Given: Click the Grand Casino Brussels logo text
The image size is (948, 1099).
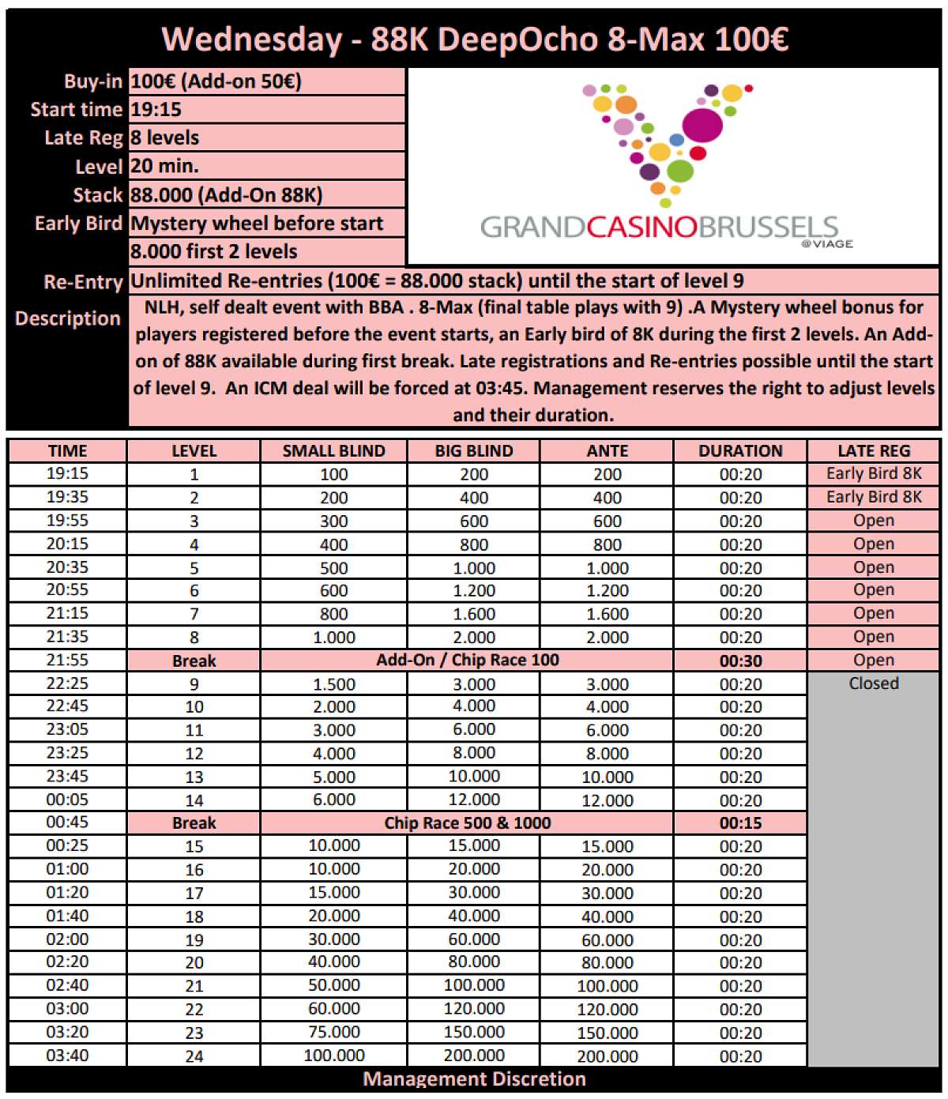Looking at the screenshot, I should (x=659, y=228).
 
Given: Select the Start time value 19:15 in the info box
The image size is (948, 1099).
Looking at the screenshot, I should (x=156, y=110).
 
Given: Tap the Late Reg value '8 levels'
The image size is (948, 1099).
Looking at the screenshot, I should (x=165, y=138).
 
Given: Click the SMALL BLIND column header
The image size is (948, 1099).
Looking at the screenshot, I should (x=333, y=451).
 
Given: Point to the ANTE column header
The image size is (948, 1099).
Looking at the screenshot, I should (x=607, y=451).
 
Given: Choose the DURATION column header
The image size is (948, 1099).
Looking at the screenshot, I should (x=740, y=451).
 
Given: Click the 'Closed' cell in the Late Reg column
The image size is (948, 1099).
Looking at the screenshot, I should (x=873, y=683).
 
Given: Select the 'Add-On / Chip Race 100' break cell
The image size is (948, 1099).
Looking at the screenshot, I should (x=467, y=661).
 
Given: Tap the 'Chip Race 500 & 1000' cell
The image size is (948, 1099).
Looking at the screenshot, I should (x=467, y=823).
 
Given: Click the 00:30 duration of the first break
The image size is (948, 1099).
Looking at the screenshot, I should (x=740, y=661).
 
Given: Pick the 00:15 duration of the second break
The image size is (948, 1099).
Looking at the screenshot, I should (x=740, y=823).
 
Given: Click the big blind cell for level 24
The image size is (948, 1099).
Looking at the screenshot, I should (x=474, y=1056).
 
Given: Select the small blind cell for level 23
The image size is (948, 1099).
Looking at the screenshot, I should (x=333, y=1033).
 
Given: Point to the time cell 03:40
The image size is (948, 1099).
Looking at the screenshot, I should (x=67, y=1056).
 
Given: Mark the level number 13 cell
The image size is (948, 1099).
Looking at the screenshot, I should (x=194, y=777).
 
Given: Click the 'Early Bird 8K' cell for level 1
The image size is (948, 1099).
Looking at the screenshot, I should (x=873, y=474).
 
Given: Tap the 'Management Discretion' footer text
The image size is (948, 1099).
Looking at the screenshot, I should (x=474, y=1080).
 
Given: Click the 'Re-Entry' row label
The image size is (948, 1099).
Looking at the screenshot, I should (x=83, y=282).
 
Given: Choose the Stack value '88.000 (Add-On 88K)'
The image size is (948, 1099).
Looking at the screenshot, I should (x=226, y=195).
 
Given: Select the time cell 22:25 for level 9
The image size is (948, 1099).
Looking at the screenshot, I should (x=67, y=683).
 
